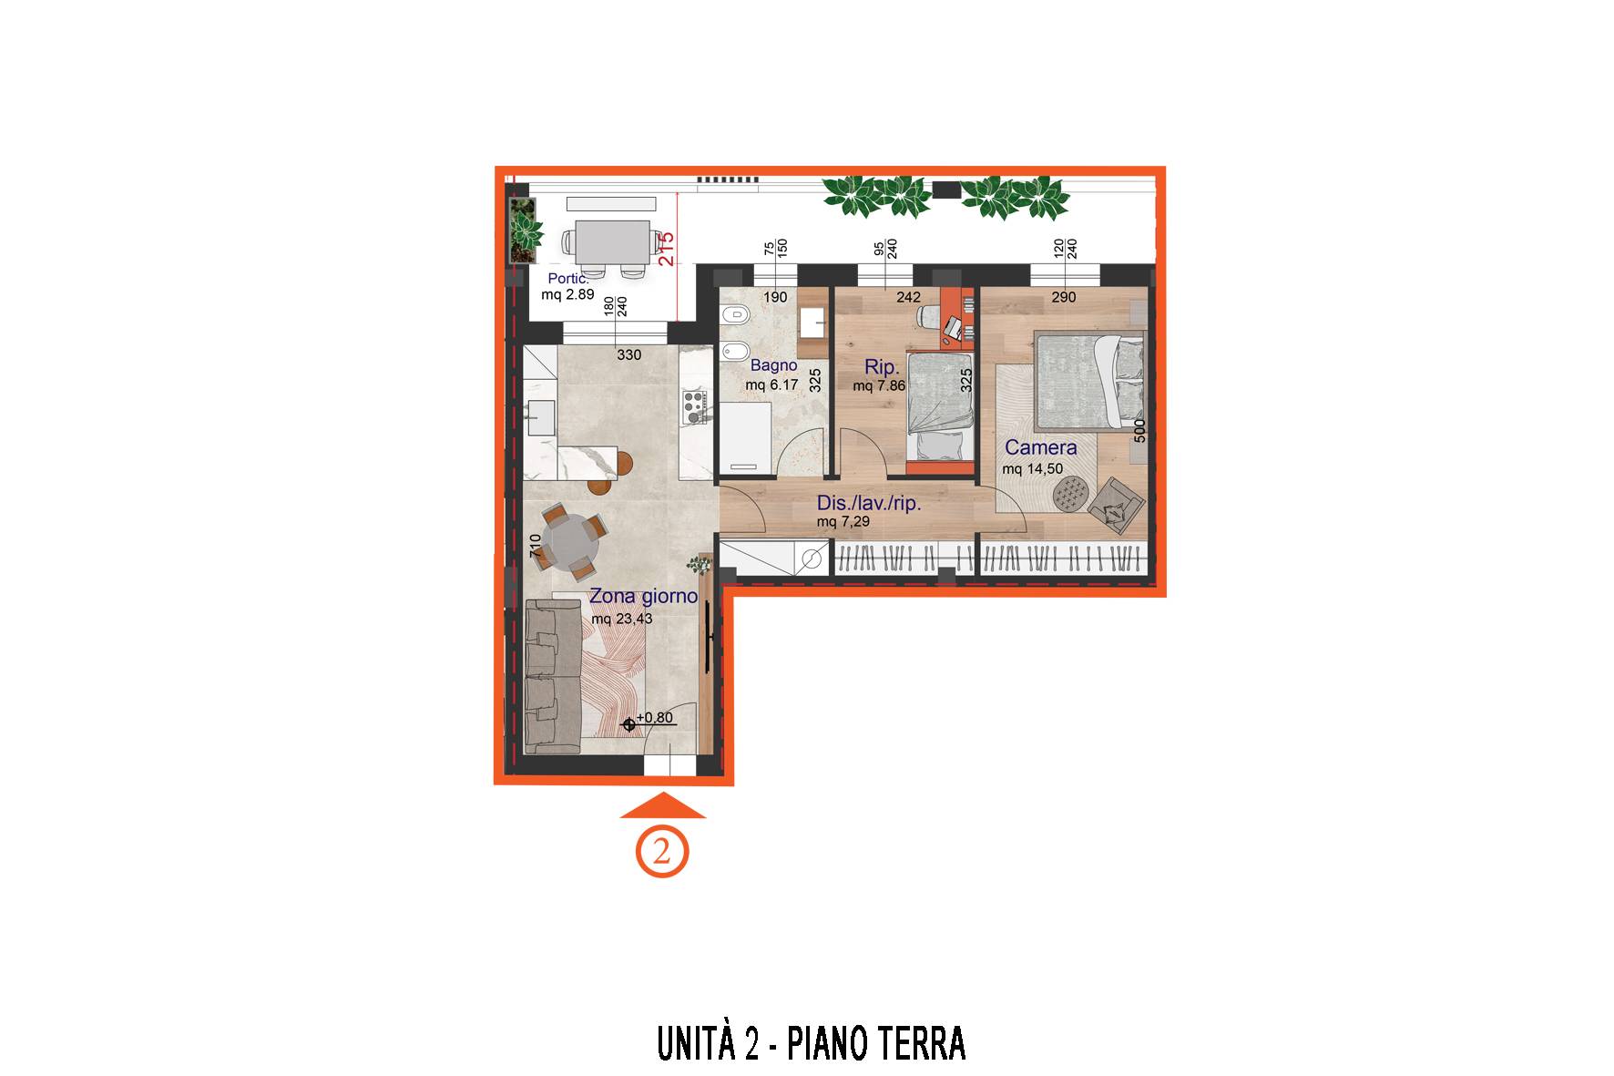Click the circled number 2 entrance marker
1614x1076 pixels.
[x=662, y=853]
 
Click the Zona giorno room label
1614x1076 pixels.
[x=643, y=597]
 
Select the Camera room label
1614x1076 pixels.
[x=1040, y=447]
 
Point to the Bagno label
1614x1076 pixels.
[x=773, y=365]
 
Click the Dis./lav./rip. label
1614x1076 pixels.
[x=869, y=503]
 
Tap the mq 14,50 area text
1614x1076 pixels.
[x=1033, y=469]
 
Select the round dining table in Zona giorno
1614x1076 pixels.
[x=571, y=541]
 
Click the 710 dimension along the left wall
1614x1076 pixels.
[x=536, y=546]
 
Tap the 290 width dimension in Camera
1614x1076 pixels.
[x=1063, y=297]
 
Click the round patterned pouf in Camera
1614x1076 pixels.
[x=1071, y=494]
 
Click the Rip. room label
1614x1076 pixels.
[x=882, y=367]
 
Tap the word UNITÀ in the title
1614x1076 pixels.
[x=697, y=1043]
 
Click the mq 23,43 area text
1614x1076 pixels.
[x=622, y=619]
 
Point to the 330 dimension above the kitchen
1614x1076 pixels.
[x=629, y=354]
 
